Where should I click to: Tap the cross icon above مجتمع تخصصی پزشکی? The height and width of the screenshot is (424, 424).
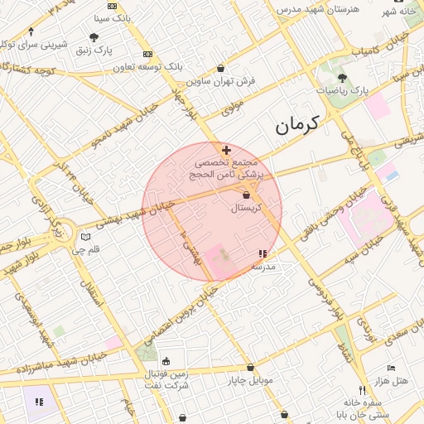coord(226,150)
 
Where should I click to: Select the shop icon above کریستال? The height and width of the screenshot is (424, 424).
coord(247,195)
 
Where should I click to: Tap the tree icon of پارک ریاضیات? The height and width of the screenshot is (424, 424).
coord(343,77)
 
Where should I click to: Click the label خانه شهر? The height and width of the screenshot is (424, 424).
coord(397,12)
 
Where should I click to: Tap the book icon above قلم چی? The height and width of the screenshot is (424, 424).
coord(85,237)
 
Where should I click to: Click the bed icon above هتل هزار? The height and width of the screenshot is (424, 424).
coord(392,368)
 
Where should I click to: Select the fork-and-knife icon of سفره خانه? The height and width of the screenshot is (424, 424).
coord(362,389)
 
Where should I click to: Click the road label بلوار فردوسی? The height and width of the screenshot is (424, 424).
coord(324,296)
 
